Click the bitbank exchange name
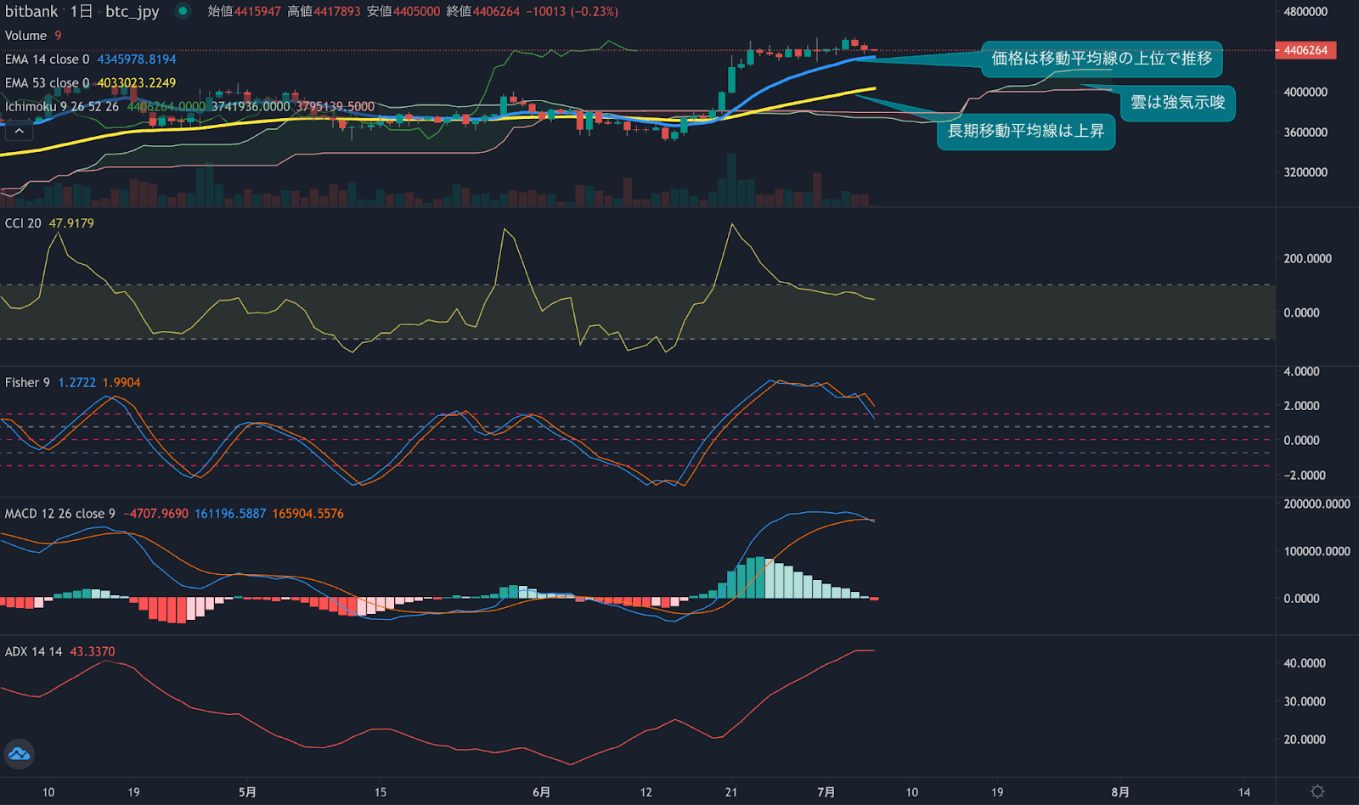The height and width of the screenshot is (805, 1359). coord(31,11)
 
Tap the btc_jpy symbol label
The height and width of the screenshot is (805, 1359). coord(132,11)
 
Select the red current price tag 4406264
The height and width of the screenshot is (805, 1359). coord(1305,50)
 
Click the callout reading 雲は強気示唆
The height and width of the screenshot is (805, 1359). coord(1177,103)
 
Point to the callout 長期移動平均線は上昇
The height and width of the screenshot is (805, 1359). coord(1025,131)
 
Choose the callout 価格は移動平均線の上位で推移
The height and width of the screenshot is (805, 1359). coord(1102,58)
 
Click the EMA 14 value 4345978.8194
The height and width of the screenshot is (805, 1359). coord(137,59)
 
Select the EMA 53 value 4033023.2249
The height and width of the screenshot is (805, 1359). coord(137,82)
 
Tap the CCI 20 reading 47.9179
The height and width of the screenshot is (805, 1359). coord(71,223)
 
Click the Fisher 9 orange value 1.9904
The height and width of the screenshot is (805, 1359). coord(121,383)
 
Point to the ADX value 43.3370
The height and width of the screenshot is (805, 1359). coord(92,651)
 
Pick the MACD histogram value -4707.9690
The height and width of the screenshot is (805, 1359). coord(156,514)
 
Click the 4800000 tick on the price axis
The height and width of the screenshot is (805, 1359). coord(1305,12)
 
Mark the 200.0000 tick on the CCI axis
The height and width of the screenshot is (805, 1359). coord(1307,258)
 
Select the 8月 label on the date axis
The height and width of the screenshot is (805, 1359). coord(1120,791)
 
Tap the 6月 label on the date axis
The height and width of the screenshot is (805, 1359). coord(541,791)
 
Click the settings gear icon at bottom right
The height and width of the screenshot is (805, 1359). coord(1317,791)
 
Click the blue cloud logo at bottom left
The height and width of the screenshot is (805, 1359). coord(19,753)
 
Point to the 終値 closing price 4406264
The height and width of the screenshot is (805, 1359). coord(496,12)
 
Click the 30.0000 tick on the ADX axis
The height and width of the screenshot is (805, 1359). coord(1305,701)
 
